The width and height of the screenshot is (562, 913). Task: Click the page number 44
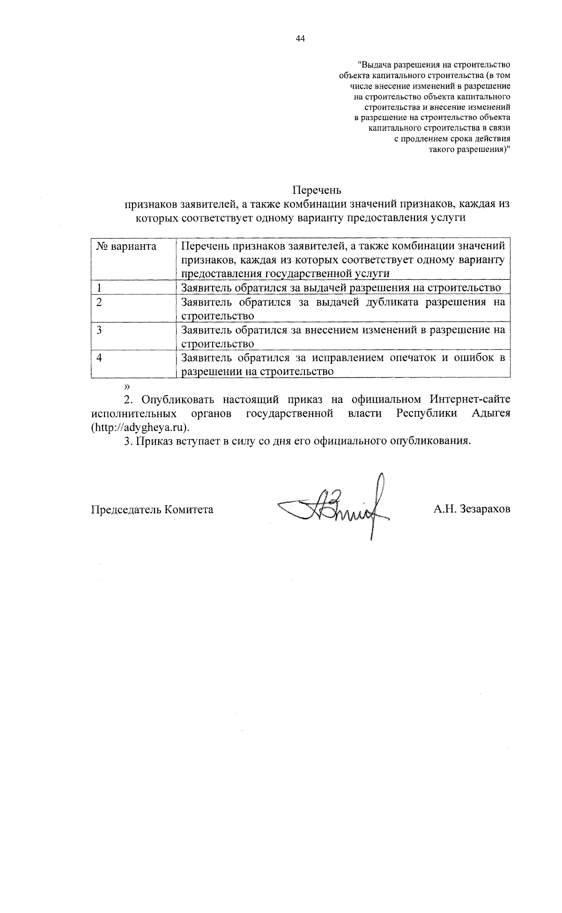click(x=300, y=39)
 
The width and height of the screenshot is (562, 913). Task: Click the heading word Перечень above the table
click(x=317, y=190)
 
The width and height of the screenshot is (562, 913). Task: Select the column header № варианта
click(x=126, y=247)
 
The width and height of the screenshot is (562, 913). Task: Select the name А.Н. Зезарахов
click(x=472, y=509)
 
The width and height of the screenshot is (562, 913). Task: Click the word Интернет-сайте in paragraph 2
click(x=470, y=400)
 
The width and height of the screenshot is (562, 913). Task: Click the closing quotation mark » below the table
click(x=126, y=386)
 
